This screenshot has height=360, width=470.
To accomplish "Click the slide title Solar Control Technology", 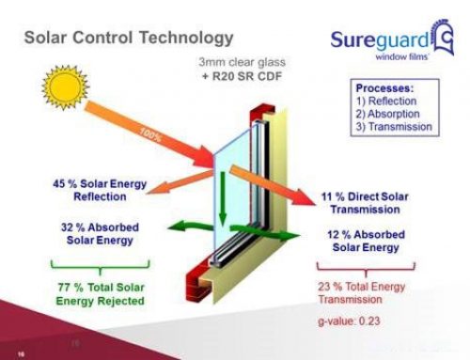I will click(x=127, y=38).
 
